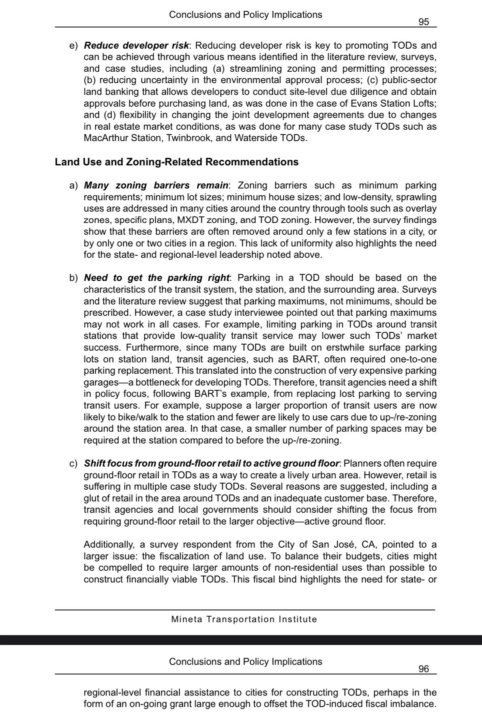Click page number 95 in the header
coord(423,22)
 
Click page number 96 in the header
coord(423,669)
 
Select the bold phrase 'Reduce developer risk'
coord(136,45)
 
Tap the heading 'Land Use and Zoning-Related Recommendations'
coord(177,162)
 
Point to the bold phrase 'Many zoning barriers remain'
coord(156,186)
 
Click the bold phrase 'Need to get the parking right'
coord(156,278)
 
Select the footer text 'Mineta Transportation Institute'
coord(244,619)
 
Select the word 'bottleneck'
coord(158,382)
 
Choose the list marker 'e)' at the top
coord(73,45)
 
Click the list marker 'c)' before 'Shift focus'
coord(73,463)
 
